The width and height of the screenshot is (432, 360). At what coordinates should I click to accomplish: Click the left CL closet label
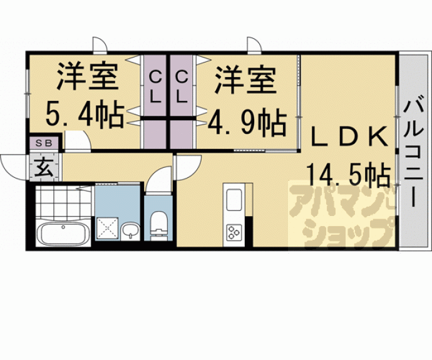[x=155, y=87]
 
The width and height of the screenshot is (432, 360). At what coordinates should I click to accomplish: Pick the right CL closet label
[x=182, y=87]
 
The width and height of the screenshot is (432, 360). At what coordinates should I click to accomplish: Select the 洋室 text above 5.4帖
[x=87, y=78]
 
